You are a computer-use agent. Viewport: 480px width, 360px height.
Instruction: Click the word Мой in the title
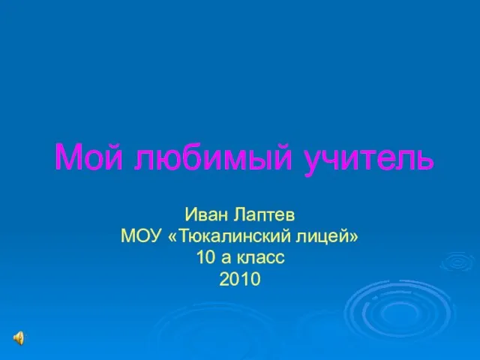89,157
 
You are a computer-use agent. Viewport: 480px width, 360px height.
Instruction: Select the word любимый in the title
212,157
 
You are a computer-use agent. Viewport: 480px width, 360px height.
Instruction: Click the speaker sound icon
19,338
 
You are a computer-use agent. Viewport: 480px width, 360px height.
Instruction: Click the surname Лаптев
264,214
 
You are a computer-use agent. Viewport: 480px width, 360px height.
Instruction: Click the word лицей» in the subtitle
327,237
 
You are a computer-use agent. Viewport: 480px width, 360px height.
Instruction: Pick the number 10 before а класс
206,257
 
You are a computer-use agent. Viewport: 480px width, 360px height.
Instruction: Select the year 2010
240,279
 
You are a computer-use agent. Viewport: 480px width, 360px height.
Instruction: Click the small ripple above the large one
457,262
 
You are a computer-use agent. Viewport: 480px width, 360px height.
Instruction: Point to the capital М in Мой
68,157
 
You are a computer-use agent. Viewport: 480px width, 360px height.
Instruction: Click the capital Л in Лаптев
241,214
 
